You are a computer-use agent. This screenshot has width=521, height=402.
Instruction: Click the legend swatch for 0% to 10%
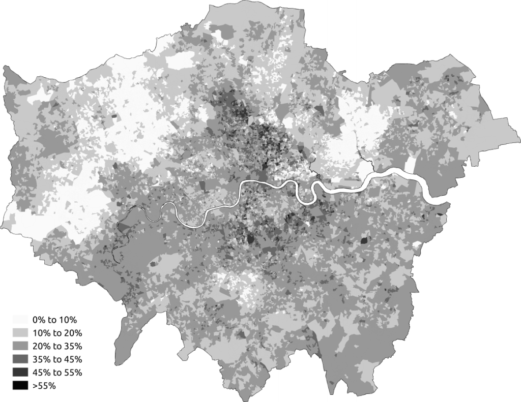20,320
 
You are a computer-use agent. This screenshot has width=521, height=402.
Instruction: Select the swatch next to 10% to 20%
20,333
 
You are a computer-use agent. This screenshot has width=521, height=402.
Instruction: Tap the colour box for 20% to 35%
20,347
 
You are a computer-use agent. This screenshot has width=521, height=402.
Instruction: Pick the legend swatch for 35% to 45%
20,360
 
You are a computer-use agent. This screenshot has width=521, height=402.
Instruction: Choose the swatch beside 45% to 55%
20,373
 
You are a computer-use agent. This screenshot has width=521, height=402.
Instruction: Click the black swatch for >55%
20,386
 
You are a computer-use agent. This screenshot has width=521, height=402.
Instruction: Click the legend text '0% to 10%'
54,320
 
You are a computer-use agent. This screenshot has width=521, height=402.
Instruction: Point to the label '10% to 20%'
56,333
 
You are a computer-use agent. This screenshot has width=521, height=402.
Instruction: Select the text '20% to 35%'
56,347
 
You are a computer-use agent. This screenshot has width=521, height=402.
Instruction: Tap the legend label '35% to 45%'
56,360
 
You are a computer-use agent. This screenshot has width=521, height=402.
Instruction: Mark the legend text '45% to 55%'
56,373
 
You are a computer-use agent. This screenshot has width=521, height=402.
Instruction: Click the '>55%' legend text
44,386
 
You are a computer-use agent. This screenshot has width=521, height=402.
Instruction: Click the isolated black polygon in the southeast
365,240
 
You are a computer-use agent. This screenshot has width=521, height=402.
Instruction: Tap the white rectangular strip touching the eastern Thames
411,164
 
